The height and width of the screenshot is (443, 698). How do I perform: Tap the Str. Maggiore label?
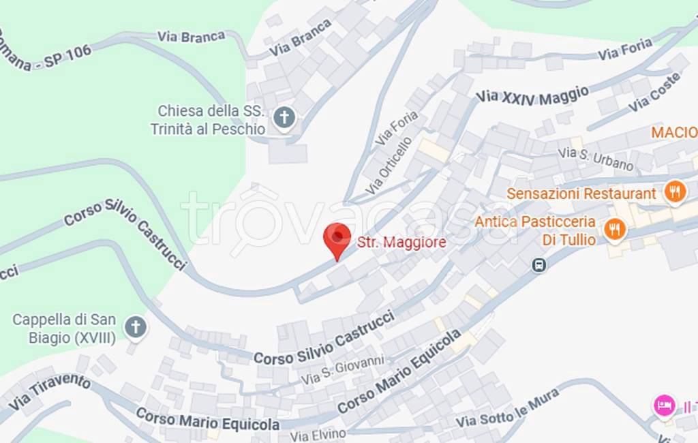click(401, 242)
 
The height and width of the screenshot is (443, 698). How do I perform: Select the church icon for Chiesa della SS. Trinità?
click(284, 119)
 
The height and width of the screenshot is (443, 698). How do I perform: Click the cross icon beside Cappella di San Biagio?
click(136, 328)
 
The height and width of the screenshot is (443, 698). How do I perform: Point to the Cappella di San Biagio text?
click(65, 328)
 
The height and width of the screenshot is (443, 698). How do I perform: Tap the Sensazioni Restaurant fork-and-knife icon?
click(675, 193)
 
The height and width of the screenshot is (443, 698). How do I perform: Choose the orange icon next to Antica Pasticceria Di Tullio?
click(615, 230)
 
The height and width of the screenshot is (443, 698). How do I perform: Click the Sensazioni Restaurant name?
click(581, 194)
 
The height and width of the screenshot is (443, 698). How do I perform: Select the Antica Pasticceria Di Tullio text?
click(535, 230)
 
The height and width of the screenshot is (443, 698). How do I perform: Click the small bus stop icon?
click(539, 265)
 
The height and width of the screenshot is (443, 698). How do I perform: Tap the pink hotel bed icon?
click(663, 406)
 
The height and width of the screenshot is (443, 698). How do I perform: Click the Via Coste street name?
click(654, 92)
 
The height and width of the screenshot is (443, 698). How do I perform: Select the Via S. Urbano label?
click(596, 159)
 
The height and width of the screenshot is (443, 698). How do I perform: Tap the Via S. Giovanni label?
click(343, 369)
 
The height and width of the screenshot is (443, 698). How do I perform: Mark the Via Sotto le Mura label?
click(508, 407)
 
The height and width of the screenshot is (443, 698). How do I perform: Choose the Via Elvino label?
click(318, 434)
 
